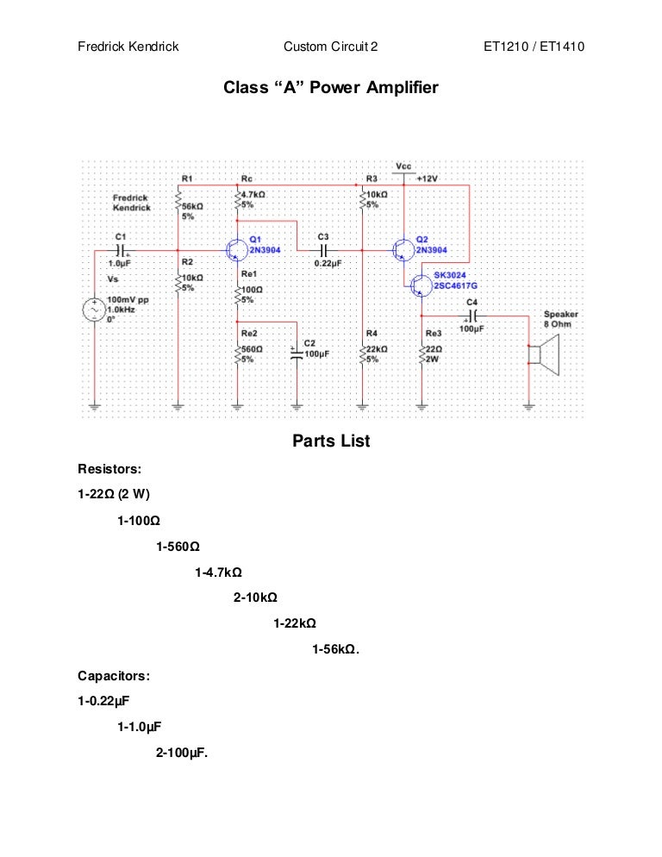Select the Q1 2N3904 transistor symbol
point(236,250)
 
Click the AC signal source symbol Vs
point(93,310)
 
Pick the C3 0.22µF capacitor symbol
point(322,250)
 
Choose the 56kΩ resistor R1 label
point(191,207)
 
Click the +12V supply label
point(428,178)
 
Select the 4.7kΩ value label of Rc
point(253,196)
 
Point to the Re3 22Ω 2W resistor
point(422,353)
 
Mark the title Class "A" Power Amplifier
point(331,88)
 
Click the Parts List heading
point(331,441)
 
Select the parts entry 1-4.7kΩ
point(218,572)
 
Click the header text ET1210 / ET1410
point(534,47)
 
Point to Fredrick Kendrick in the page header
point(128,47)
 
